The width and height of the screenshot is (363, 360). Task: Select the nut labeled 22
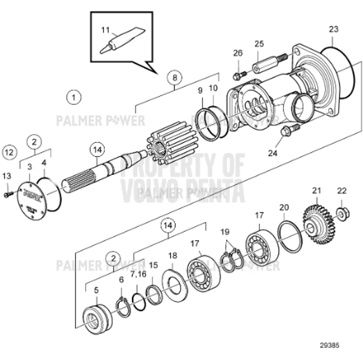point(342,212)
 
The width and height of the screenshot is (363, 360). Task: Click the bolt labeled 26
point(237,76)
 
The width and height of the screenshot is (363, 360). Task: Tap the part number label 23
point(334,29)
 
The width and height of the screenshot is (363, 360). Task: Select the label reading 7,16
point(139,274)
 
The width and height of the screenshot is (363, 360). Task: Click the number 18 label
point(173,256)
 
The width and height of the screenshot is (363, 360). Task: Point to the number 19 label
point(225,232)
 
